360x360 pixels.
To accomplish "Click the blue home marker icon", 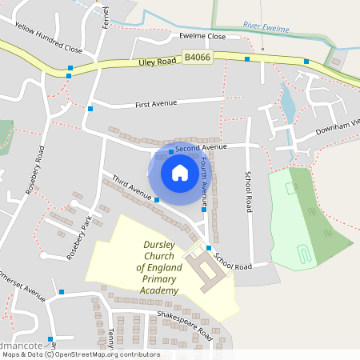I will [180, 172].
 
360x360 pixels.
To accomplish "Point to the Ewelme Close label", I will [202, 36].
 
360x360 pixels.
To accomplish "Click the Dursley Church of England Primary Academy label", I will [160, 268].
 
